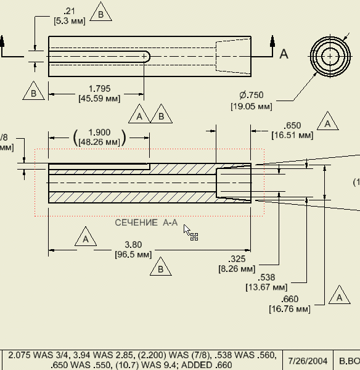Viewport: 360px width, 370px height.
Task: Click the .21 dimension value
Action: coord(69,11)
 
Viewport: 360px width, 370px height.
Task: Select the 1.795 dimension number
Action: coord(99,89)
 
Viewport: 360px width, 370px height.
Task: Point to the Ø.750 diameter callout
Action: coord(252,95)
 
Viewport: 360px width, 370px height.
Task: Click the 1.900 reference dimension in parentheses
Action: coord(99,133)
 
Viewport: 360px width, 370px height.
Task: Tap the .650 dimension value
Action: coord(292,125)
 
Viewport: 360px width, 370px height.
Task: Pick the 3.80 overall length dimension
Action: coord(133,245)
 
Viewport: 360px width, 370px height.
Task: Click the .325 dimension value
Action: coord(237,259)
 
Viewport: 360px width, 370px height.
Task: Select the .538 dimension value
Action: coord(266,277)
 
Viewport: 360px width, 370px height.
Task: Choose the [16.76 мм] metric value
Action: coord(290,309)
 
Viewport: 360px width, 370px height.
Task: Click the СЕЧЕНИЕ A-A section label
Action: coord(146,223)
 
